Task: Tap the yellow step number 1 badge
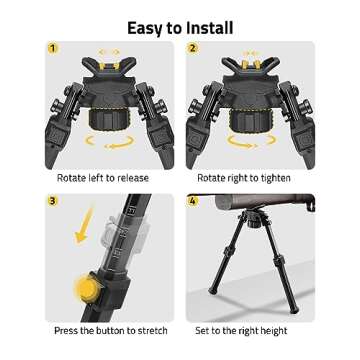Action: tap(52, 48)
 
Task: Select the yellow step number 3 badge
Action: tap(52, 202)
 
